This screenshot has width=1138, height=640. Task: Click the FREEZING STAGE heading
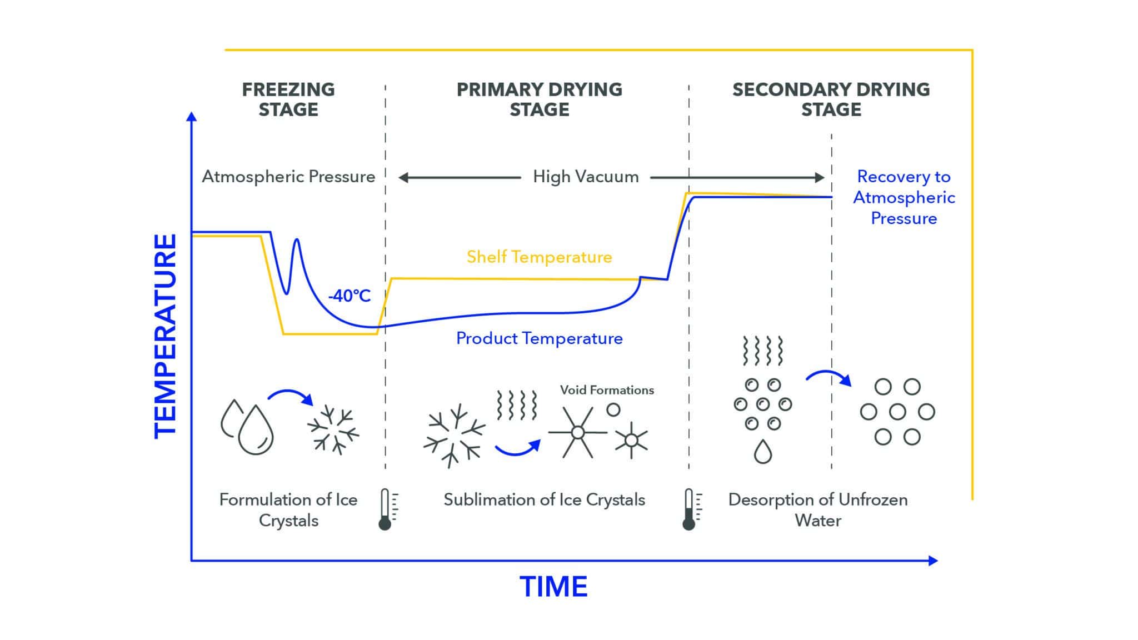coord(288,99)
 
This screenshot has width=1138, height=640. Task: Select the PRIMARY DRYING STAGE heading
coord(539,99)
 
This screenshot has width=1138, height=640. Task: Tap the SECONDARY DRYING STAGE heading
coord(831,99)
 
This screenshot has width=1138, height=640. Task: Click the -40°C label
coord(349,296)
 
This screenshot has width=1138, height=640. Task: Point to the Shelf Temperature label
coord(539,257)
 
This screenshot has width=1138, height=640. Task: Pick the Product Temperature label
coord(539,338)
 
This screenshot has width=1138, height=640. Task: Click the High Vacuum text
coord(586,177)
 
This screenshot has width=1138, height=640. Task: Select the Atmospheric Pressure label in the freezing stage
coord(288,177)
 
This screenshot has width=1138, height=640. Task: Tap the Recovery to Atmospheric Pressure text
coord(904,197)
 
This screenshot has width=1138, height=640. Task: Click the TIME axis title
coord(553,587)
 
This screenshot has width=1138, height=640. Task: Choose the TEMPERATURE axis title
coord(165,336)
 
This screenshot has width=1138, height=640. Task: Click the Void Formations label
coord(607,390)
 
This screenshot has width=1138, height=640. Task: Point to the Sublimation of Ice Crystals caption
coord(544,500)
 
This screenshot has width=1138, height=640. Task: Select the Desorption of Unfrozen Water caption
coord(818,510)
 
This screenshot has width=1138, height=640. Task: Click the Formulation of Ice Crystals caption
coord(288,510)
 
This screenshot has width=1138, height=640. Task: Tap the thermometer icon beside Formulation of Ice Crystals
coord(386,509)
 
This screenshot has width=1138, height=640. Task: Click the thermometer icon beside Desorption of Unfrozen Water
coord(690,509)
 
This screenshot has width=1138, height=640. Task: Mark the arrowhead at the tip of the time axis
coord(933,561)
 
